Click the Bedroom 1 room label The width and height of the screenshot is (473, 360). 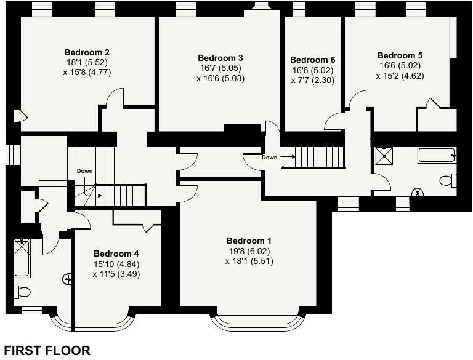tap(249, 241)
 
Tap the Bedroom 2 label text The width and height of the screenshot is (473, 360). tap(87, 52)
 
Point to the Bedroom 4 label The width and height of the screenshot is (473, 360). tap(116, 254)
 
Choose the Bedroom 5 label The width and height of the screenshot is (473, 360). tap(400, 55)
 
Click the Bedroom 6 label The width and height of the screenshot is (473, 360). tap(313, 60)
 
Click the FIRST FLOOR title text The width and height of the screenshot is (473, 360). tap(47, 351)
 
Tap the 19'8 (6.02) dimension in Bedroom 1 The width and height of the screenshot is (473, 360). tap(249, 251)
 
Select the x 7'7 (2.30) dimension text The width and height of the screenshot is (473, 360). tap(313, 80)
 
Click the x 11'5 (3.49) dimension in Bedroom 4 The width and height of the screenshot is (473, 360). tap(116, 274)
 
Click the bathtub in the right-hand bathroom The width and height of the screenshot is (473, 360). tap(436, 155)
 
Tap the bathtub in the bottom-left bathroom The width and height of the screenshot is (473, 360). tap(22, 258)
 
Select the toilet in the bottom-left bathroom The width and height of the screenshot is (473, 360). tap(22, 292)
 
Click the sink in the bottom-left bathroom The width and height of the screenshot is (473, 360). tap(67, 279)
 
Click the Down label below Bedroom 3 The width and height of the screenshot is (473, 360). tap(269, 157)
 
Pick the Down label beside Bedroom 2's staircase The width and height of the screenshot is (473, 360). tap(84, 171)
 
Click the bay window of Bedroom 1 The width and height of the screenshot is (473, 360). tap(258, 321)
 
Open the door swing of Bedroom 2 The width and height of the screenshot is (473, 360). tap(114, 98)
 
